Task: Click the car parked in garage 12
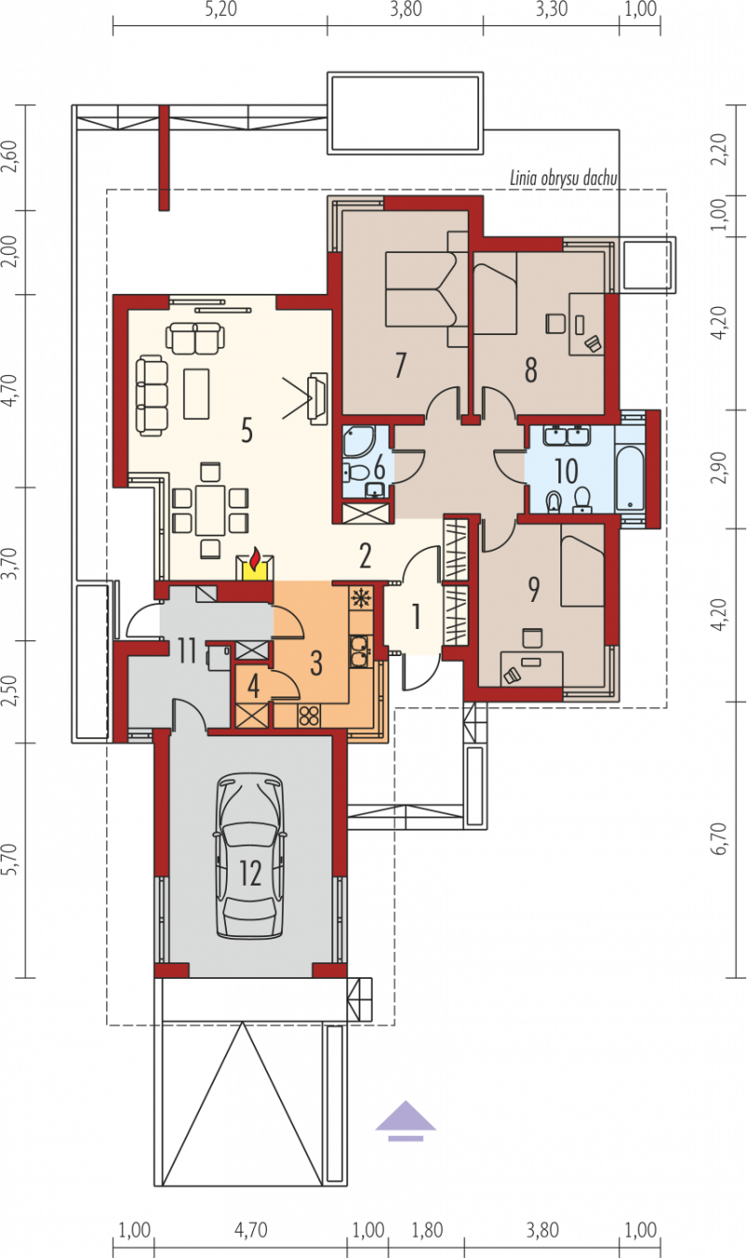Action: pos(250,856)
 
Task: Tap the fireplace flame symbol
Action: pos(255,558)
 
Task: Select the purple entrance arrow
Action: pos(406,1121)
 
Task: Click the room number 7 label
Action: pos(401,365)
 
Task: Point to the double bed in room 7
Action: pos(427,288)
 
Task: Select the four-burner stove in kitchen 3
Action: pos(308,716)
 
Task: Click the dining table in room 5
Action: pos(210,510)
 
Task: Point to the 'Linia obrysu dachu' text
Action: pos(563,178)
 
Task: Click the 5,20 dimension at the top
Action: pos(221,9)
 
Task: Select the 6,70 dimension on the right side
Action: pos(720,839)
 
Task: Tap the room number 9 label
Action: pos(533,589)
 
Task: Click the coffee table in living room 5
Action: pos(196,393)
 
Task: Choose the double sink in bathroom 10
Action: pos(566,437)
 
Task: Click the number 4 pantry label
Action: pos(253,686)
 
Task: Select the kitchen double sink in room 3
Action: pos(359,651)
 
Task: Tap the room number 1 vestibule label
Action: pos(416,616)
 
